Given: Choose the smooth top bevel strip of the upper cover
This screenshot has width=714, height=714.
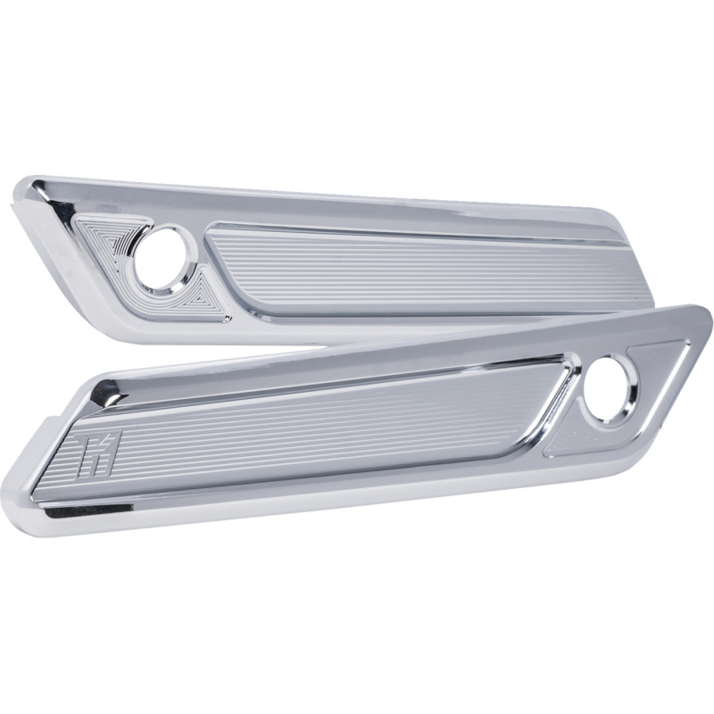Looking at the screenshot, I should point(357,201).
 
